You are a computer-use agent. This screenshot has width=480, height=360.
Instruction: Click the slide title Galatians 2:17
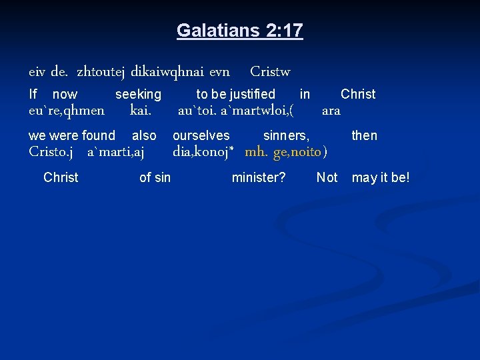(239, 30)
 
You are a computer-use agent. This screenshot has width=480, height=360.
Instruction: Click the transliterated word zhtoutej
(101, 71)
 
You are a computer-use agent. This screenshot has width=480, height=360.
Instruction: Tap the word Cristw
(270, 71)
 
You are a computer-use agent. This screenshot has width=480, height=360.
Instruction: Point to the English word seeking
(138, 95)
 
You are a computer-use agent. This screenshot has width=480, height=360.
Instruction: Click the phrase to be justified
(235, 95)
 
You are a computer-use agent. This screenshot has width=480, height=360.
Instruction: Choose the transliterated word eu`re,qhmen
(67, 110)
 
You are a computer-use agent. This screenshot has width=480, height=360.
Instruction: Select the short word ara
(331, 111)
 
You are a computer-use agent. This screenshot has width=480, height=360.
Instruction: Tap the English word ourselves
(201, 136)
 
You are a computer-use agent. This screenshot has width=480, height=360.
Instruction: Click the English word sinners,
(286, 136)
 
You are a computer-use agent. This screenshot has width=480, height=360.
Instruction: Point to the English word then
(364, 136)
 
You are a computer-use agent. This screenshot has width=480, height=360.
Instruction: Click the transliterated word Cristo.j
(51, 151)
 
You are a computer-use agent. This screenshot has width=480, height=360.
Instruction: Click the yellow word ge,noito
(297, 151)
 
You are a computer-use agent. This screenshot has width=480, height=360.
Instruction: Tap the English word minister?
(259, 177)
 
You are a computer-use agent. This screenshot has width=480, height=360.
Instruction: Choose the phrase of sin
(155, 177)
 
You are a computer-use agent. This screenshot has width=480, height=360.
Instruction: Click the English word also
(144, 136)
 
